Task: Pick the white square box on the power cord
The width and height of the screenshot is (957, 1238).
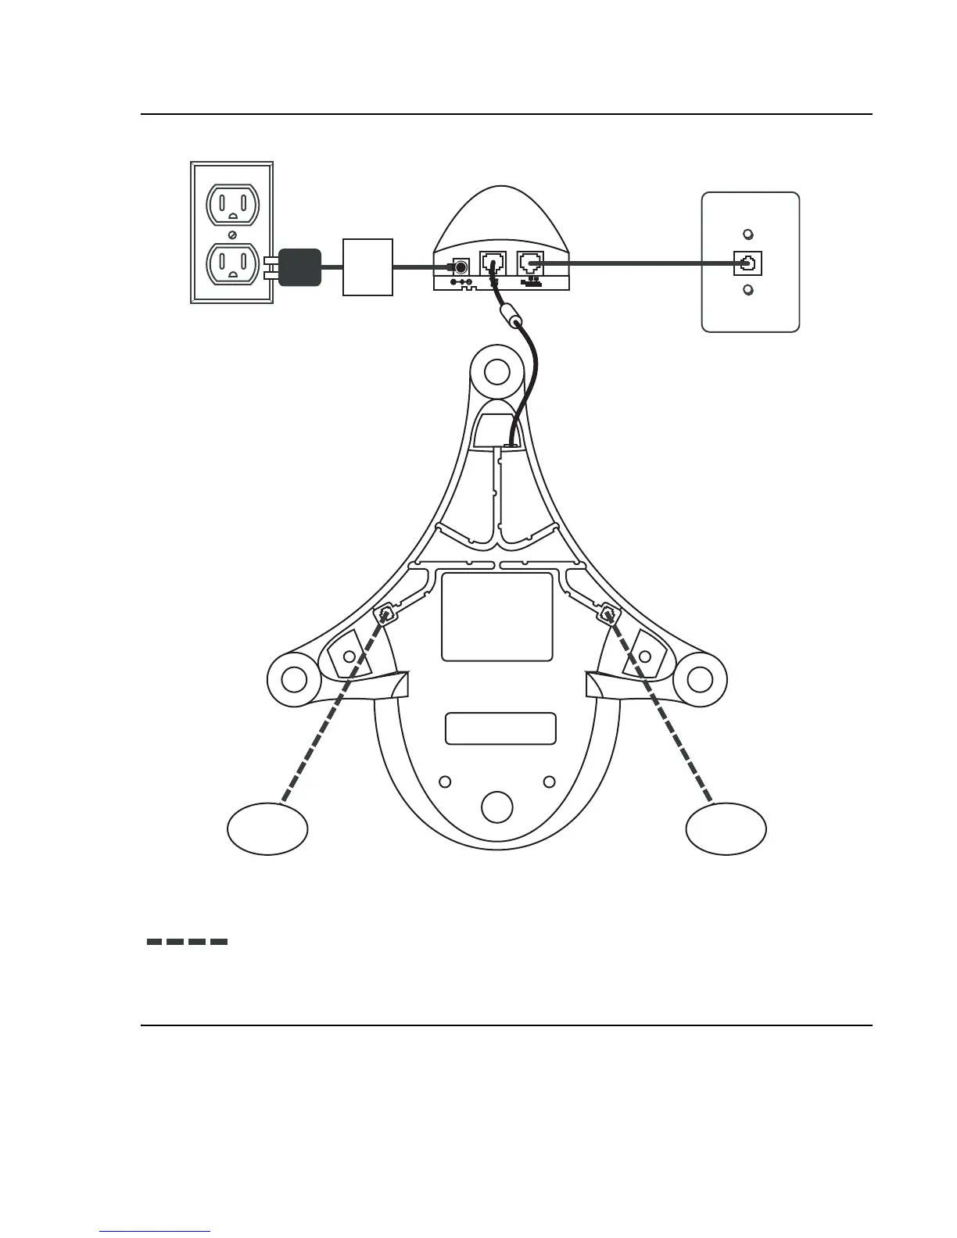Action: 367,267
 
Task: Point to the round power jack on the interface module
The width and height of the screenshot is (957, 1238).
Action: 461,266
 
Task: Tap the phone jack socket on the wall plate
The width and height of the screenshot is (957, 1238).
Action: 748,263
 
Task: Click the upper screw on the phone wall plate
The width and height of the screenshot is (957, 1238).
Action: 748,234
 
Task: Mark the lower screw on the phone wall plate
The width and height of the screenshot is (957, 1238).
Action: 748,291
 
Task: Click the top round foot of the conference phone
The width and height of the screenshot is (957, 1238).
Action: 496,374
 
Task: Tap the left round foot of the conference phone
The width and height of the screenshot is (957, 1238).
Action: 293,679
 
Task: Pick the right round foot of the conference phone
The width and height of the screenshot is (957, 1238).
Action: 700,679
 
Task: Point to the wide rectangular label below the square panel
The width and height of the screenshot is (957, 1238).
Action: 500,728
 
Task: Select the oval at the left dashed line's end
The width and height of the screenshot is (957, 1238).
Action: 267,829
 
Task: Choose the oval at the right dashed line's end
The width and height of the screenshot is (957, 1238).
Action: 726,829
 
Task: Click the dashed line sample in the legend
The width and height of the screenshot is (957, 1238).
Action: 188,942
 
